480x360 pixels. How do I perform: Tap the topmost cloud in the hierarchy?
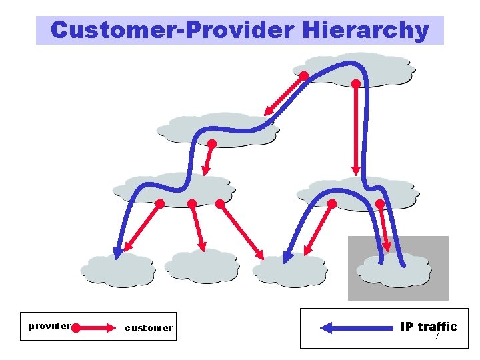[353, 69]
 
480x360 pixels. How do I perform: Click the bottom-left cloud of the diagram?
[118, 270]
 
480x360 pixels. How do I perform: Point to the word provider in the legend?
[49, 326]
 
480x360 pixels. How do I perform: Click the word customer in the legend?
[149, 327]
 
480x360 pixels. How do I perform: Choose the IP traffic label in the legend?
[429, 326]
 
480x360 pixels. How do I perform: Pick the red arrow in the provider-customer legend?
[97, 328]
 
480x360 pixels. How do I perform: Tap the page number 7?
[437, 336]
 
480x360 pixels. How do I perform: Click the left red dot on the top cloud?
[303, 76]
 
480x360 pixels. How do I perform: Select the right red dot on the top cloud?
[356, 84]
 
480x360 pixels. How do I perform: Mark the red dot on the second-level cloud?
[212, 143]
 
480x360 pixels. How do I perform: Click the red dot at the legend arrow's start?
[75, 328]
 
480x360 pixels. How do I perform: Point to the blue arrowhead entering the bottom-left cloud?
[118, 252]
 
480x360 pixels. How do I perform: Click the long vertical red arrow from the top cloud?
[356, 127]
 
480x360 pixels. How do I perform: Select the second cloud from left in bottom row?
[202, 267]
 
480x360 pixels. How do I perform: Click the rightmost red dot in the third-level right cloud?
[380, 203]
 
